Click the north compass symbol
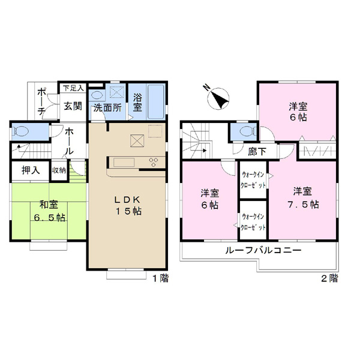tap(218, 98)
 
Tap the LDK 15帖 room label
tap(128, 205)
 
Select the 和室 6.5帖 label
tap(49, 211)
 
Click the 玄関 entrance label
tap(73, 106)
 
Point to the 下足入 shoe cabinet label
tap(73, 88)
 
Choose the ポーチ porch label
tap(41, 102)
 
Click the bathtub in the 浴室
tap(156, 102)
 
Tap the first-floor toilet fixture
tap(21, 131)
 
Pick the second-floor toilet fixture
tap(247, 131)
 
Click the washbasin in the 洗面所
tap(97, 95)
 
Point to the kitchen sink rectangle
tap(124, 163)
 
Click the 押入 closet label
tap(31, 170)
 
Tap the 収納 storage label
tap(59, 170)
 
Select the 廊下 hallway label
tap(257, 152)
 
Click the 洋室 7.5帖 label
tap(303, 198)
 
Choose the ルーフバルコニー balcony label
tap(263, 250)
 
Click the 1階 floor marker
tap(160, 278)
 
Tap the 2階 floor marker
tap(329, 278)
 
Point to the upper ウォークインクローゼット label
tap(253, 180)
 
